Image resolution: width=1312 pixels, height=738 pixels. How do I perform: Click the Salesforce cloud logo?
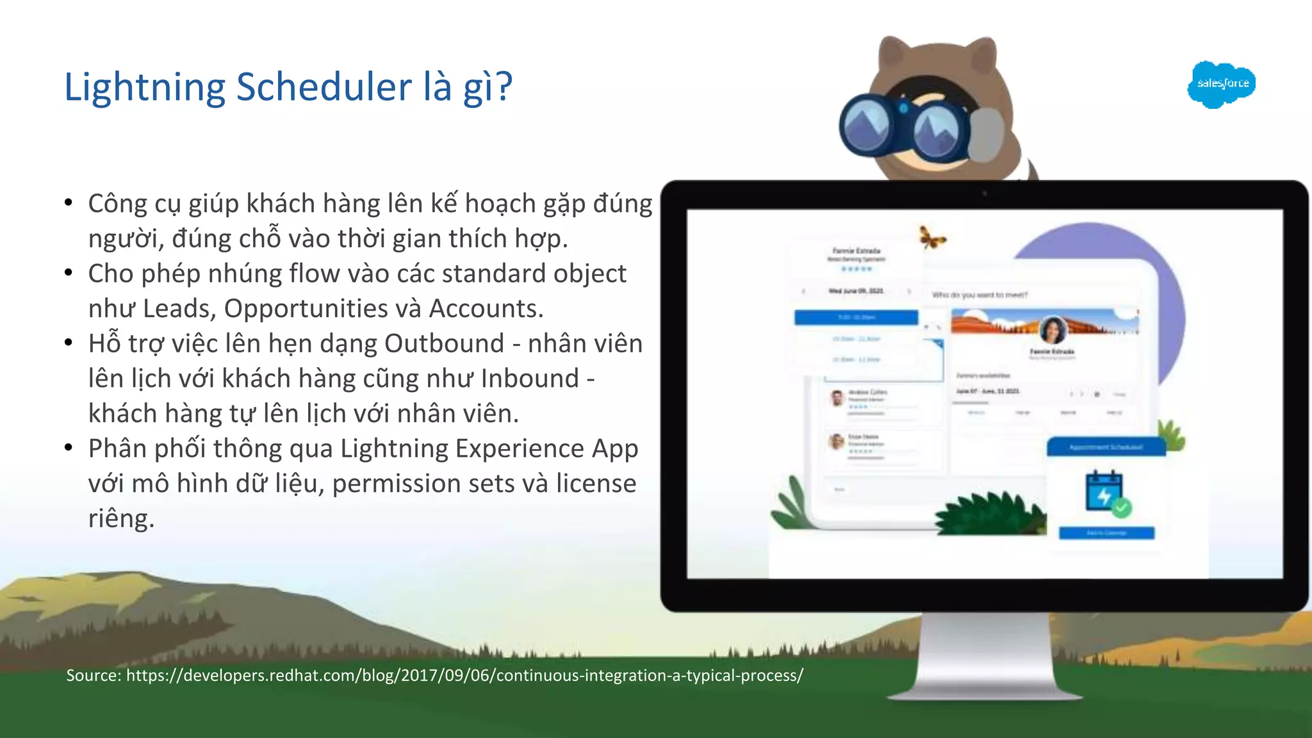click(x=1221, y=84)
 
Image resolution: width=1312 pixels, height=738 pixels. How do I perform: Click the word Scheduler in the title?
click(x=324, y=87)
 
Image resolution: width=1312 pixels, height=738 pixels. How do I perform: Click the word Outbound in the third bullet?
click(x=444, y=344)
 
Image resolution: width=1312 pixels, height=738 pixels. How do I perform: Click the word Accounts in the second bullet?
click(x=486, y=309)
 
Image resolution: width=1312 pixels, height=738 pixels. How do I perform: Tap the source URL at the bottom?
click(x=464, y=675)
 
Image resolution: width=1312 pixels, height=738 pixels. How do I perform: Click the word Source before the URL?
click(x=94, y=675)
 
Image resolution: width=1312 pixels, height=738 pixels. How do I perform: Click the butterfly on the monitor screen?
click(x=932, y=238)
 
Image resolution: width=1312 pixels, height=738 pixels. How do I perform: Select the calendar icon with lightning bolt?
click(x=1104, y=492)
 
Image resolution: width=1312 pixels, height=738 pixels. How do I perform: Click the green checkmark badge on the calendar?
click(x=1122, y=508)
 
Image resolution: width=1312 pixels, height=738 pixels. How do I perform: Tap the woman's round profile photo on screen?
click(x=1053, y=330)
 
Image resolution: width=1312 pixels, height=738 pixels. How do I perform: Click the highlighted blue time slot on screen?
click(x=856, y=317)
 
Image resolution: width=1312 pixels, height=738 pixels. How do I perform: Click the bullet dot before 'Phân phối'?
click(x=69, y=448)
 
